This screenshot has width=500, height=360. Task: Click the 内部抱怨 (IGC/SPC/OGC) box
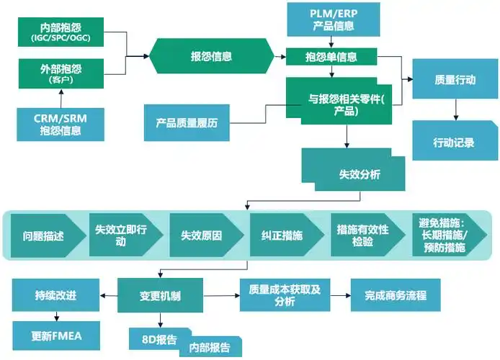click(71, 31)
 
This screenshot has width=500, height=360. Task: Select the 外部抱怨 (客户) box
click(71, 74)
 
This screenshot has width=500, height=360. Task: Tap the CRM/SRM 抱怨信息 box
click(58, 124)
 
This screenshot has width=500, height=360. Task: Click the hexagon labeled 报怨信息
click(211, 56)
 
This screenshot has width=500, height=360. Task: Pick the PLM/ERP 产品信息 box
click(334, 19)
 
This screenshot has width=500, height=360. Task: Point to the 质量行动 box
click(455, 80)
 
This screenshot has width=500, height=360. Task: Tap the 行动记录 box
click(455, 141)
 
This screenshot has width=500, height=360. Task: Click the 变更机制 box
click(159, 295)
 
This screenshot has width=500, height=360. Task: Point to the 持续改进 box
click(55, 295)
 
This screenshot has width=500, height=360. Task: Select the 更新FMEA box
click(55, 336)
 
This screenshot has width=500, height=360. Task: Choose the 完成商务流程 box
click(396, 295)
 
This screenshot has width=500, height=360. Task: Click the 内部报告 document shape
click(210, 347)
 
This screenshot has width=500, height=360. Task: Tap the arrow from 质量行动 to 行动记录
click(455, 109)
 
